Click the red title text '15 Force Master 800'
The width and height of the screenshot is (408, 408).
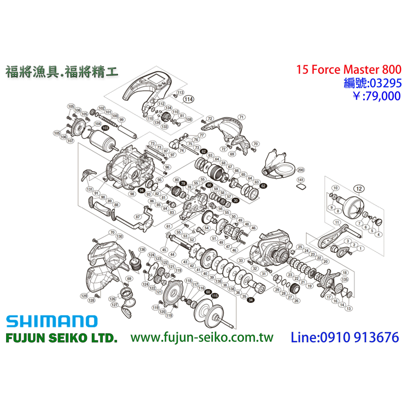349,70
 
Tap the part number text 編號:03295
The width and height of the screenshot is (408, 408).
373,83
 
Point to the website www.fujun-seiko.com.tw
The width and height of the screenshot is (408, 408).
202,337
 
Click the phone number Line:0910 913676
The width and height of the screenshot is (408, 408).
345,337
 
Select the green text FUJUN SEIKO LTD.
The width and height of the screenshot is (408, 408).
62,338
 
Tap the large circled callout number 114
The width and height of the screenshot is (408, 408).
188,99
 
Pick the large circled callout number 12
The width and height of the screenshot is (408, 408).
358,188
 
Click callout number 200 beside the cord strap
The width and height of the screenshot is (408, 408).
301,169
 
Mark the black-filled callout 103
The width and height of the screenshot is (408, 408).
105,128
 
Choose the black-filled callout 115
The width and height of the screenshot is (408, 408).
215,295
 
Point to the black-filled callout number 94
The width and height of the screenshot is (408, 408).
141,191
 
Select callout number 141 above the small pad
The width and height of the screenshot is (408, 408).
300,180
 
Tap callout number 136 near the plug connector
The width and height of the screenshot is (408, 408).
142,250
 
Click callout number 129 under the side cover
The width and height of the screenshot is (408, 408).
84,296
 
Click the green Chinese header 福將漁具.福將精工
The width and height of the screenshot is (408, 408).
62,72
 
